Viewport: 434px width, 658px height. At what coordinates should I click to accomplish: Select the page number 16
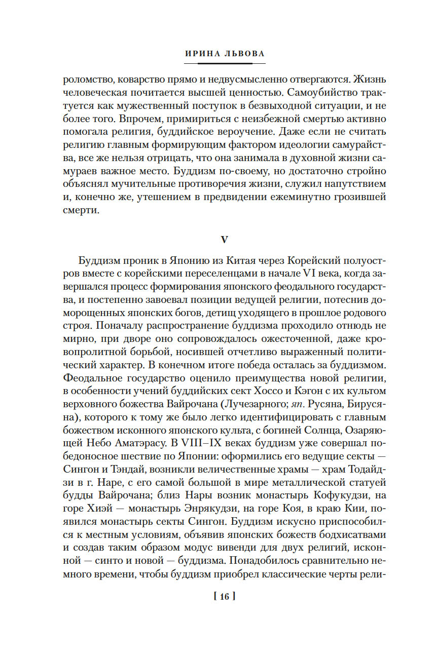(x=224, y=597)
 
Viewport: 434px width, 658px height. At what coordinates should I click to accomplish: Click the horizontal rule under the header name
(x=225, y=63)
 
